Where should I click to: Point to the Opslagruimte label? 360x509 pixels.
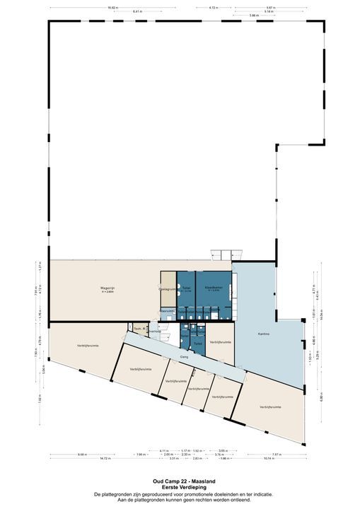(x=167, y=289)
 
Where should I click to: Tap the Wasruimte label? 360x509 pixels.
(x=167, y=310)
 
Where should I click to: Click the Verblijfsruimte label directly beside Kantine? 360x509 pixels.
(x=221, y=341)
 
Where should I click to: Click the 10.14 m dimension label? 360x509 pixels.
(x=267, y=459)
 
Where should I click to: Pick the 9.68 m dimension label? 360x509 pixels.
(x=82, y=454)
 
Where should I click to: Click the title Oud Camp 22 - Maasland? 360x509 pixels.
(x=180, y=479)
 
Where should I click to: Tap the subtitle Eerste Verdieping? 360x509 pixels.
(x=180, y=486)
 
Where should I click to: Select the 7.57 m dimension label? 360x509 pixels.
(x=277, y=454)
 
